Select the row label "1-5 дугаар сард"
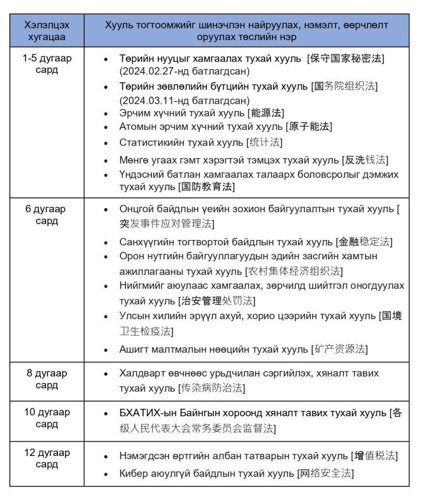click(47, 65)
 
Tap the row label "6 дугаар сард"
click(47, 215)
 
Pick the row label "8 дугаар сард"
click(47, 379)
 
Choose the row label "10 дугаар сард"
click(47, 418)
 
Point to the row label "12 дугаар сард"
click(47, 458)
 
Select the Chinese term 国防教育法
click(206, 187)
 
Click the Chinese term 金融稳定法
click(366, 242)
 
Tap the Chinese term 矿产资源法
click(340, 349)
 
